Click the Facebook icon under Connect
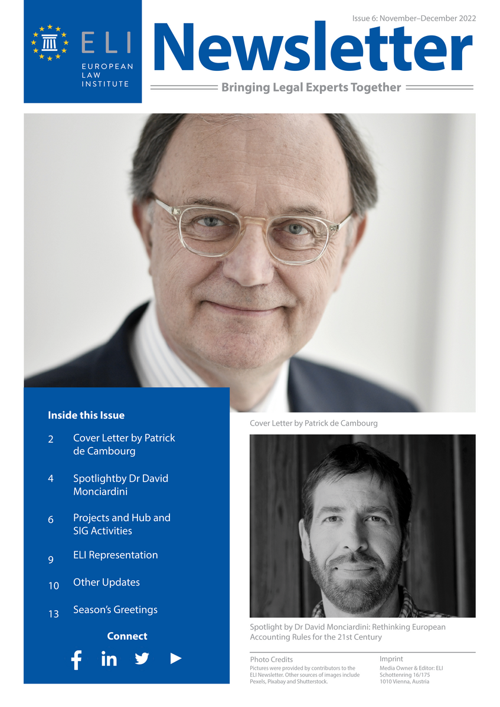(76, 659)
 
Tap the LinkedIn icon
(109, 659)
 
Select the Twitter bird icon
(142, 659)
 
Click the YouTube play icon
(175, 659)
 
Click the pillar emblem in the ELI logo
(50, 42)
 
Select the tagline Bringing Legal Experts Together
(311, 88)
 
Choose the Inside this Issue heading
(86, 415)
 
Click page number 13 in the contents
(54, 614)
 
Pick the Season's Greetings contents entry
(115, 610)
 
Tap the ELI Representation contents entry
(115, 555)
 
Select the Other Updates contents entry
(106, 582)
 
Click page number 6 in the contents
(51, 520)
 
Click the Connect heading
(127, 636)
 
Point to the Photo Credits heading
(271, 659)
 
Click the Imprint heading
(391, 659)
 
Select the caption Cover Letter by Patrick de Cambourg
(313, 423)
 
